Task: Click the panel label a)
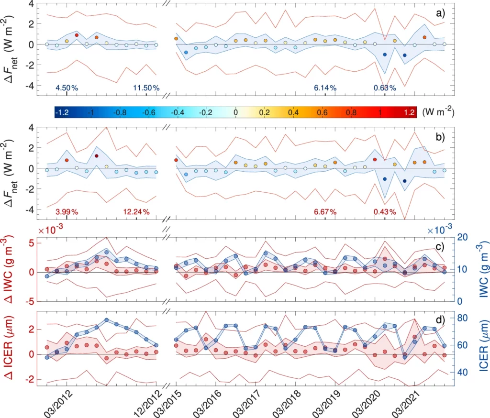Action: pyautogui.click(x=440, y=13)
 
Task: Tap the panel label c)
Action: pyautogui.click(x=440, y=247)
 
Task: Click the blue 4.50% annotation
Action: pyautogui.click(x=67, y=88)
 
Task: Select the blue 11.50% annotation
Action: pyautogui.click(x=146, y=88)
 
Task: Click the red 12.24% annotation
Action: pyautogui.click(x=136, y=212)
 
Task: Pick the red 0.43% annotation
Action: pyautogui.click(x=385, y=212)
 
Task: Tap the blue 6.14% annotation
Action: pyautogui.click(x=325, y=88)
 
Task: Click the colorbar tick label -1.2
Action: pyautogui.click(x=61, y=113)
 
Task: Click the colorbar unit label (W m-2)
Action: pyautogui.click(x=438, y=112)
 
